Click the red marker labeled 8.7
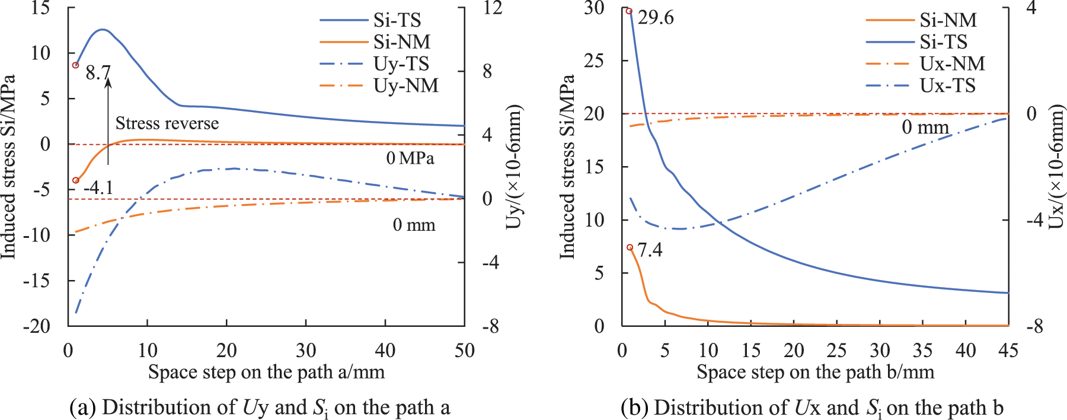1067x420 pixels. pos(75,65)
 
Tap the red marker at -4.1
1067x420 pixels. pos(75,180)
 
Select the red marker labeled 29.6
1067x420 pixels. pos(629,11)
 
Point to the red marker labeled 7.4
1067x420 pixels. pos(630,247)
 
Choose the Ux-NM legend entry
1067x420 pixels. pos(925,64)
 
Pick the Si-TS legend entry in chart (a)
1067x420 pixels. pos(370,20)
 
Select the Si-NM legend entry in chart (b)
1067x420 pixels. pos(921,20)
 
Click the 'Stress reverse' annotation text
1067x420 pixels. pos(167,123)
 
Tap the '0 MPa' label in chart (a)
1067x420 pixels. pos(410,158)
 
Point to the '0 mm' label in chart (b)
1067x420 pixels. pos(925,127)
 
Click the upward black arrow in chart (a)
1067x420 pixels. pos(108,122)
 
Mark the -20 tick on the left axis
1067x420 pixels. pos(37,326)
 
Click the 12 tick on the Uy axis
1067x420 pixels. pos(492,8)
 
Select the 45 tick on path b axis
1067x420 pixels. pos(1008,351)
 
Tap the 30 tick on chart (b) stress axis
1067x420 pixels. pos(594,8)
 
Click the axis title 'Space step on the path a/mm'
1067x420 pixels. pos(266,373)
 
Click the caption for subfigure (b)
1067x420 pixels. pos(812,408)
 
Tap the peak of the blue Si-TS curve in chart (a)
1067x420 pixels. pos(103,29)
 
